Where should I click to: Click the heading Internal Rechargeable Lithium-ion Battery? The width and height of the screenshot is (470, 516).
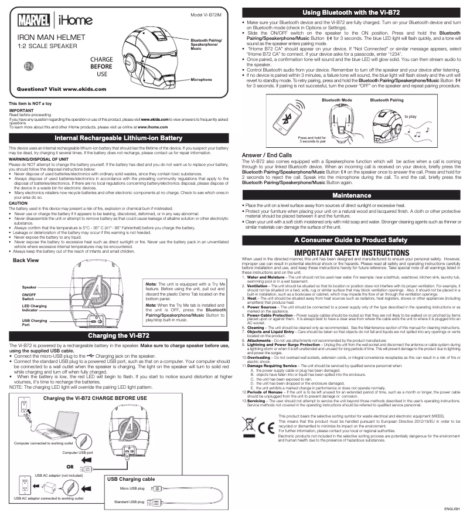[118, 138]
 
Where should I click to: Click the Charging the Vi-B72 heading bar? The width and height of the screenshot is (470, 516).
[118, 335]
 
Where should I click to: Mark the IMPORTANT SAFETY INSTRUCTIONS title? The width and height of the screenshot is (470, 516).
[352, 252]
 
